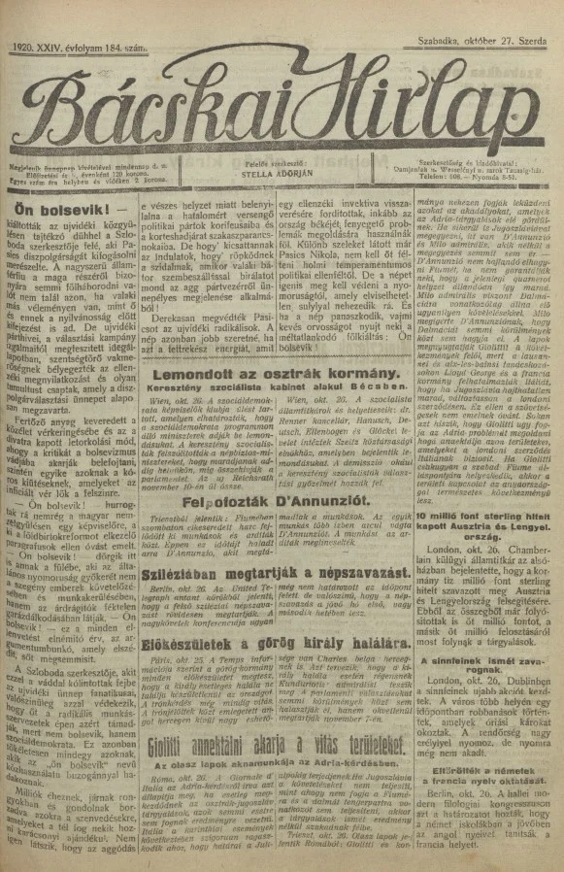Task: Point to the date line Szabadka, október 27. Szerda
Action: coord(477,46)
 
